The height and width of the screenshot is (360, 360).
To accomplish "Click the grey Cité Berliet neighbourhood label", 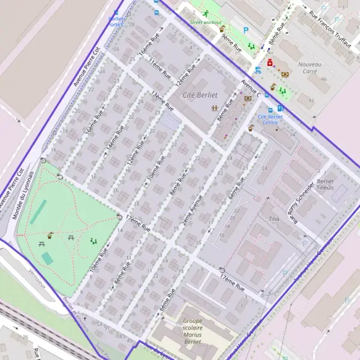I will coord(200,95).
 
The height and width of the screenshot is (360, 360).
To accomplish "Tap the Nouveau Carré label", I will coord(310,67).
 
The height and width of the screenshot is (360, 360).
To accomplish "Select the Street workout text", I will coord(204,23).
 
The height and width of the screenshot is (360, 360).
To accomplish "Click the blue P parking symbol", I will coord(245,29).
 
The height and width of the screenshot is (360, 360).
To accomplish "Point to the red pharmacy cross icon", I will coord(270,62).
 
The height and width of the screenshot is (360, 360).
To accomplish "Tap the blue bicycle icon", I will coord(258,70).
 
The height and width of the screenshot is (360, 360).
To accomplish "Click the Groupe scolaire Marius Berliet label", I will coord(192,331).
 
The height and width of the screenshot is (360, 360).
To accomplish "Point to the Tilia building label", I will coord(275,219).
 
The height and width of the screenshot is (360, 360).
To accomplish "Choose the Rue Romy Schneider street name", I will coord(301,202).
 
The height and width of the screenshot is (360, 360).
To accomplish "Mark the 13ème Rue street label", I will coord(163,101).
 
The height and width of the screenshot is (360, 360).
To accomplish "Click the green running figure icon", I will coord(205,13).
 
